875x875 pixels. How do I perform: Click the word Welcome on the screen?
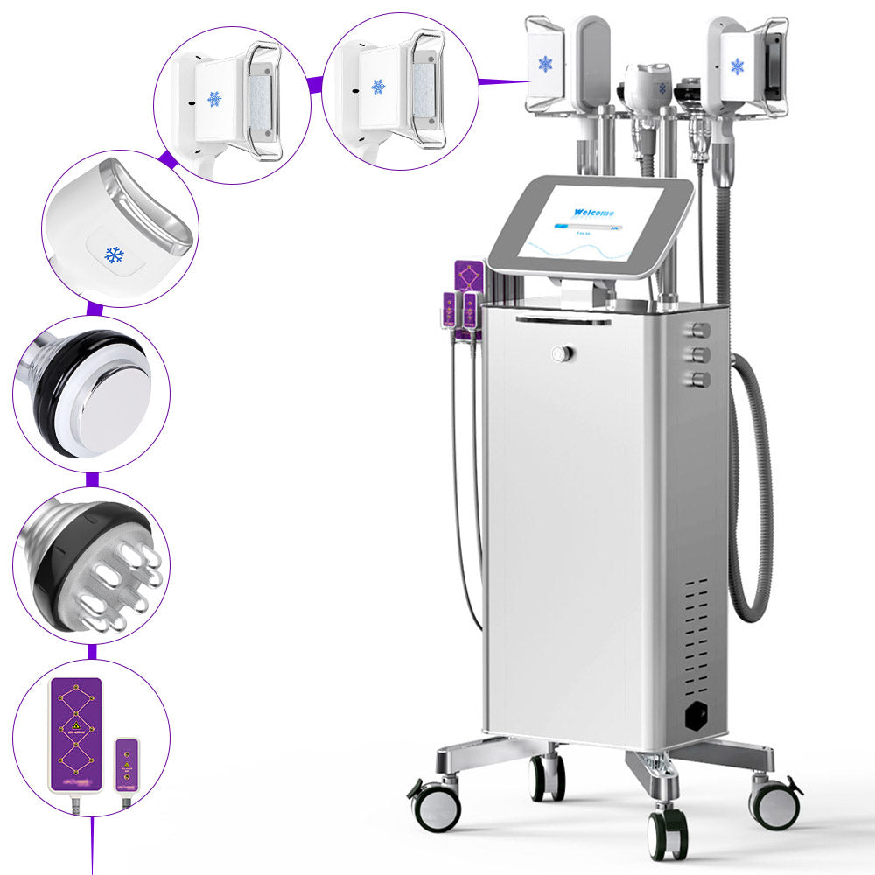[x=594, y=213]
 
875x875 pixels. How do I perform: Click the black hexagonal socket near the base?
[x=698, y=714]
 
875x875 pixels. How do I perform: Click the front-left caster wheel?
[x=436, y=806]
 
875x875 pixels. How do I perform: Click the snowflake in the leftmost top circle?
[x=214, y=99]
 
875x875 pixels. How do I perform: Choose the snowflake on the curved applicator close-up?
[x=114, y=255]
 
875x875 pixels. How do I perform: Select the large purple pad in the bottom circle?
[x=75, y=734]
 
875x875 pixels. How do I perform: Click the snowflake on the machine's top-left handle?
[x=546, y=64]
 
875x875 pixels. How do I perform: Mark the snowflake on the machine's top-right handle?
[x=737, y=66]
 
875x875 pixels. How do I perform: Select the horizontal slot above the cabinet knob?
[x=563, y=321]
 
